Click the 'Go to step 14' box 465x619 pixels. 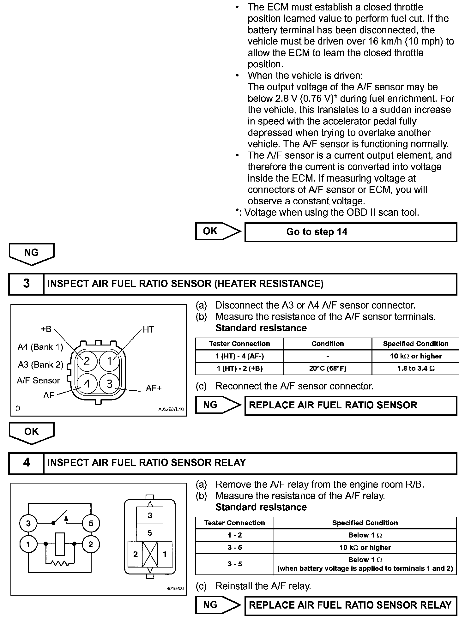(351, 232)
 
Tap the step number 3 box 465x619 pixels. (26, 284)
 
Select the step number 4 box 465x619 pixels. (26, 463)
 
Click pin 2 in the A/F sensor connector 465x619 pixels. (87, 361)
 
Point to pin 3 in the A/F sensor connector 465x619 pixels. (110, 383)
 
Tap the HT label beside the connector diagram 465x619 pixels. (148, 330)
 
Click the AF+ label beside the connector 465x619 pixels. (154, 388)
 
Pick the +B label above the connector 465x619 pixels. (46, 329)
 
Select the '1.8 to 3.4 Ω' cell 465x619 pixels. (415, 369)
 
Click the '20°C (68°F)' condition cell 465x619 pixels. (328, 369)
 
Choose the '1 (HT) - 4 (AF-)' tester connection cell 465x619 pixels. (239, 356)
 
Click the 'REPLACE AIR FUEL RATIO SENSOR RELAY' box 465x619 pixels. (351, 605)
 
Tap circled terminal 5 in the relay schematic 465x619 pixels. (91, 523)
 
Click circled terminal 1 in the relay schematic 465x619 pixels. (28, 544)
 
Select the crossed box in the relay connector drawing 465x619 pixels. (150, 554)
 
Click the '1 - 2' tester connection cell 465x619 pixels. (234, 535)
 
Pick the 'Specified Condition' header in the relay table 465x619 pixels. (365, 523)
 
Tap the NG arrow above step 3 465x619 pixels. (31, 253)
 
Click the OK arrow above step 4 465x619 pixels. (31, 432)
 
